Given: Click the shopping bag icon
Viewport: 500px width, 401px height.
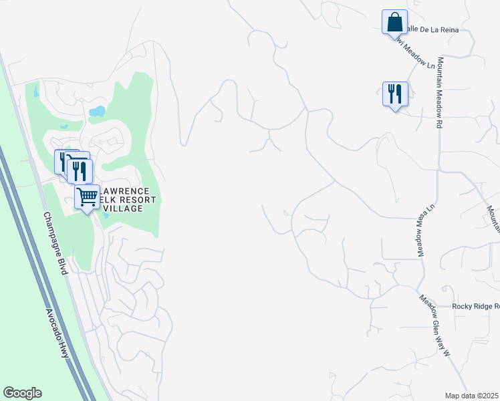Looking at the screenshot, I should pos(394,22).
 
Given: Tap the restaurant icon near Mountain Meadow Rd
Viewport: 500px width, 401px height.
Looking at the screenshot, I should pos(395,94).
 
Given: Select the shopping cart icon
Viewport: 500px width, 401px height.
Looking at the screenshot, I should pos(88,197).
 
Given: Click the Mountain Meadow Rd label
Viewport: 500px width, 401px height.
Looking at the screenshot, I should pos(441,94).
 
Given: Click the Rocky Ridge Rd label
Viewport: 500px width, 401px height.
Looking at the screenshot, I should pos(475,306).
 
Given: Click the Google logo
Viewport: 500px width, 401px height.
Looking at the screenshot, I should pos(22,393).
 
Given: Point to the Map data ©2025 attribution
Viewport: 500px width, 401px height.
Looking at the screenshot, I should pos(472,396).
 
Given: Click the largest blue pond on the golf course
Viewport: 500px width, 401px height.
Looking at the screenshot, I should pos(98,111).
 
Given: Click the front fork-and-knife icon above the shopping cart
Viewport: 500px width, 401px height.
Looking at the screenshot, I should pos(80,172).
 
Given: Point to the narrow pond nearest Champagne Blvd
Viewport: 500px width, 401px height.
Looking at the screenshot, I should pos(35,91).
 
